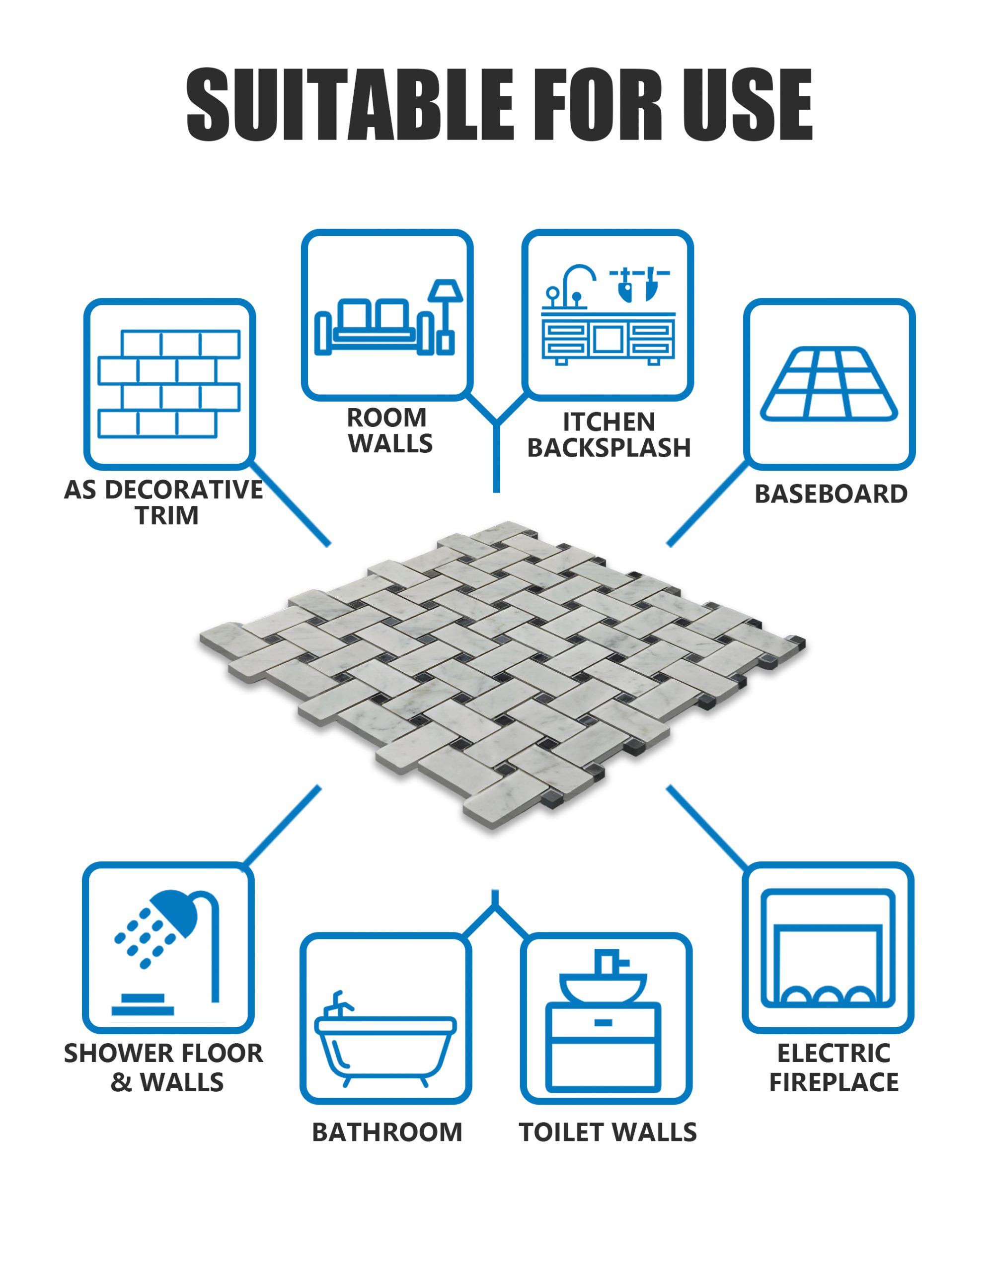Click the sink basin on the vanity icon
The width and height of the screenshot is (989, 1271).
[x=603, y=987]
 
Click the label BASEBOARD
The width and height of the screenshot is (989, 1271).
[x=831, y=494]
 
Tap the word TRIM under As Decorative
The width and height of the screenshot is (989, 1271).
[x=167, y=516]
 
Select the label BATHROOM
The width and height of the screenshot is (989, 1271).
[x=387, y=1132]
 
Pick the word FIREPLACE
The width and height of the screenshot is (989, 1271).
[x=834, y=1082]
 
